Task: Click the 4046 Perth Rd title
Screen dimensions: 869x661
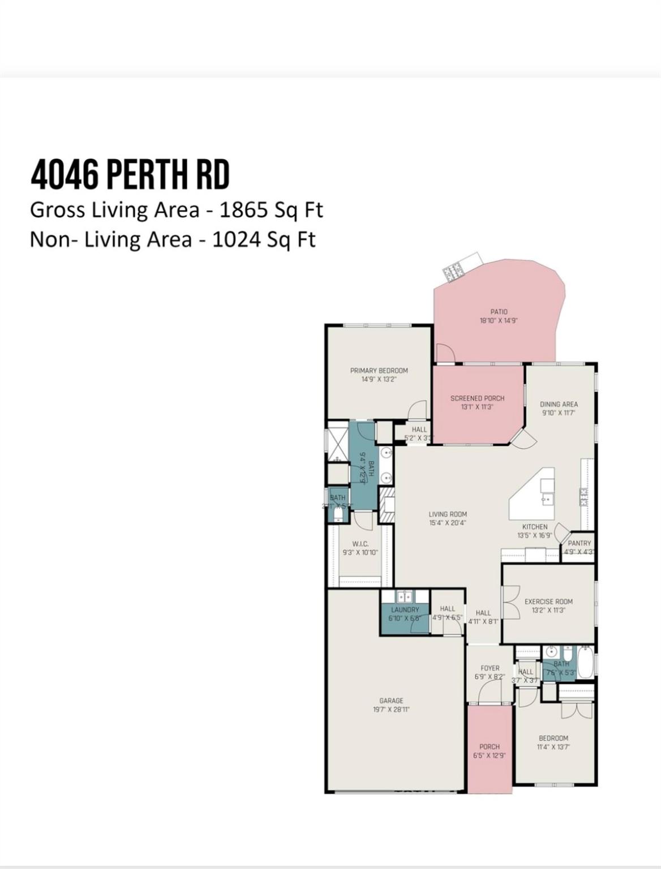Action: click(x=130, y=175)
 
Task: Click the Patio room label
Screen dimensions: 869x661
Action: click(x=499, y=312)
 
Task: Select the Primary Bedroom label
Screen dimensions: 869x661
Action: click(x=379, y=371)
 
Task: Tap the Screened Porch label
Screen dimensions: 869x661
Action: click(x=477, y=398)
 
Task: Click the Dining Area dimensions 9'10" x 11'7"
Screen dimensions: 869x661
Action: click(x=559, y=413)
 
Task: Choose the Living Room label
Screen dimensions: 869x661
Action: click(x=447, y=514)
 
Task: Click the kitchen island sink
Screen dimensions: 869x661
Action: click(x=546, y=499)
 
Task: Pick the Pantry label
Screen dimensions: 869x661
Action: click(x=579, y=543)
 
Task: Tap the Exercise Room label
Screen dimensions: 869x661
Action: click(x=548, y=601)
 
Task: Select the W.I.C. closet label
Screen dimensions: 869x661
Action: click(x=360, y=544)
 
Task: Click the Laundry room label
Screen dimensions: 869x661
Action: click(x=405, y=609)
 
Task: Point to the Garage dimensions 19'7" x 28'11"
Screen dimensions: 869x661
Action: click(x=391, y=709)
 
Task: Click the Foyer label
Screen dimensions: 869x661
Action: click(x=490, y=668)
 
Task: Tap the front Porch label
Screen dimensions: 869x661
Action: click(x=490, y=746)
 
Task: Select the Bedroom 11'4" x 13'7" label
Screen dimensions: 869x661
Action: click(x=553, y=738)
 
